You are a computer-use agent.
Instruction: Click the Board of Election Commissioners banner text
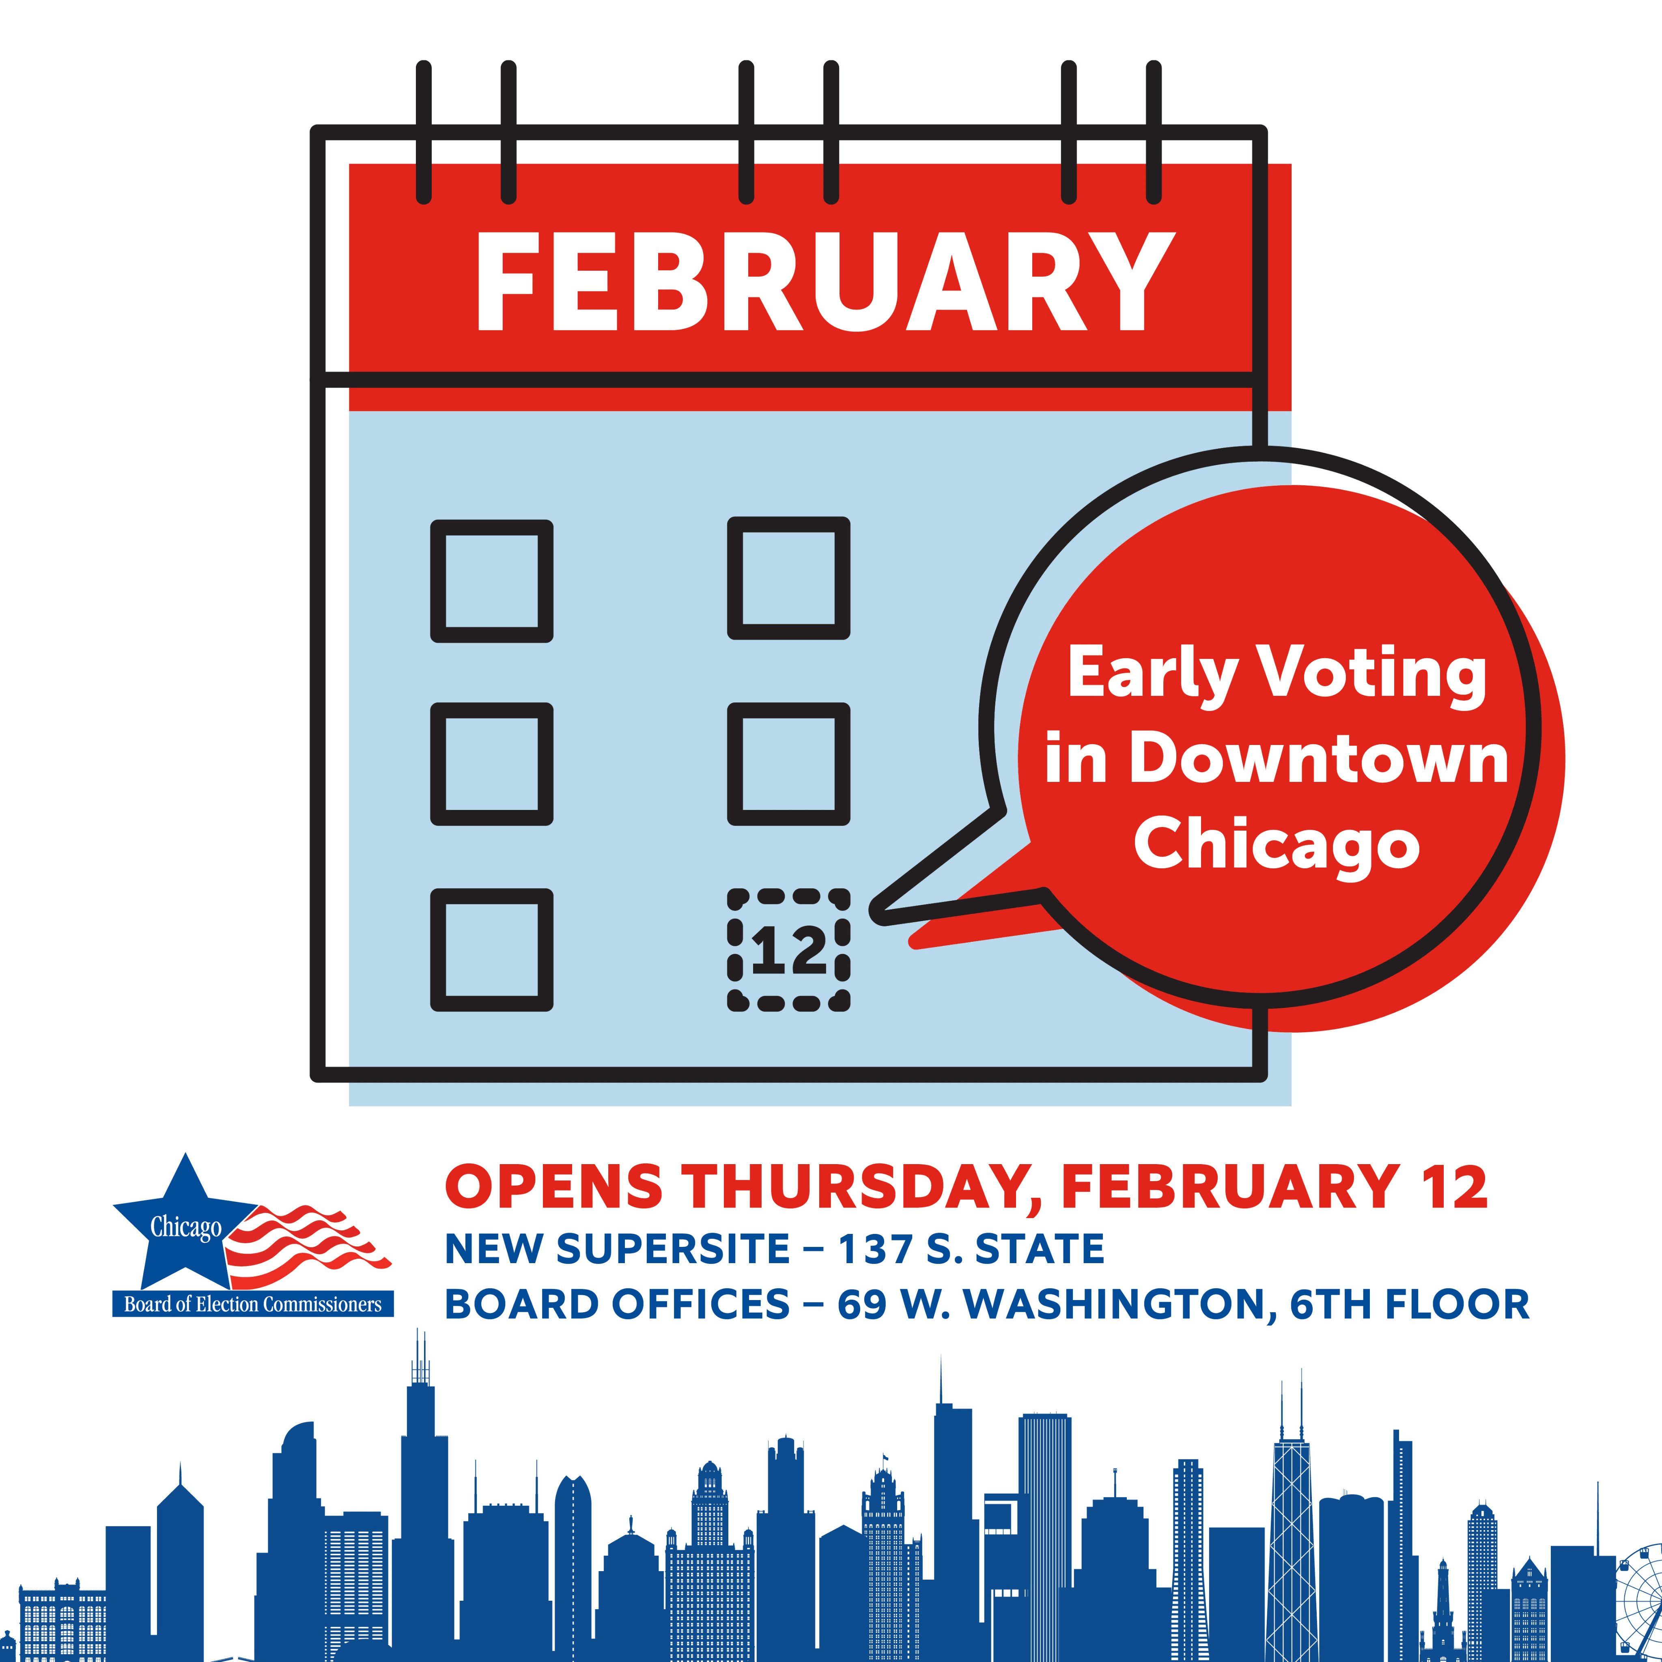pyautogui.click(x=253, y=1304)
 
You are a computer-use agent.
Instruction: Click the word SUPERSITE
pyautogui.click(x=661, y=1249)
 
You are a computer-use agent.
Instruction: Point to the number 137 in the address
pyautogui.click(x=875, y=1249)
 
